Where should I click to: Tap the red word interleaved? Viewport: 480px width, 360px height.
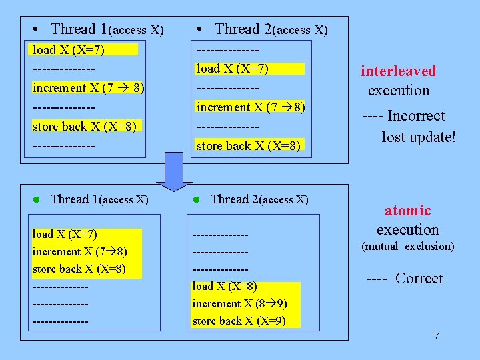pyautogui.click(x=398, y=71)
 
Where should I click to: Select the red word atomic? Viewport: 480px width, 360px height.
pyautogui.click(x=407, y=211)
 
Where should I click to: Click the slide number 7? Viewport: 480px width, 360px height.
pyautogui.click(x=437, y=336)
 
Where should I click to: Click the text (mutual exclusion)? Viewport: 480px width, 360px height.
pyautogui.click(x=407, y=247)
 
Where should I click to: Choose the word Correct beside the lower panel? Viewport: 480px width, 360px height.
pyautogui.click(x=419, y=279)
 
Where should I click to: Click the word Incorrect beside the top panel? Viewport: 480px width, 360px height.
pyautogui.click(x=416, y=116)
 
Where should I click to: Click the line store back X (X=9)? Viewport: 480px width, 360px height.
pyautogui.click(x=239, y=321)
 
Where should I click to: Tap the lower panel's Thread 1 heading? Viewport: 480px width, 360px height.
pyautogui.click(x=99, y=199)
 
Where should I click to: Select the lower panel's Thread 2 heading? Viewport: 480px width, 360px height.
pyautogui.click(x=259, y=199)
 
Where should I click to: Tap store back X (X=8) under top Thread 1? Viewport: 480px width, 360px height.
pyautogui.click(x=84, y=127)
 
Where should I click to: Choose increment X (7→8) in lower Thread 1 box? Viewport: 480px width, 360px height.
pyautogui.click(x=79, y=252)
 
